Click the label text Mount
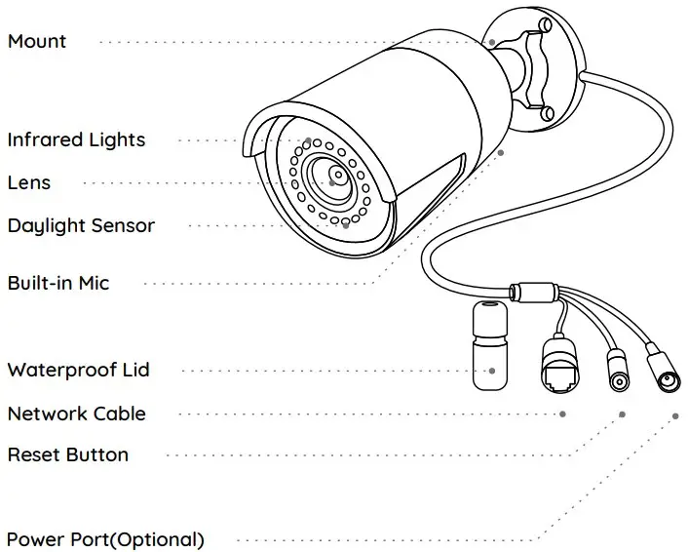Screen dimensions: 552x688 click(37, 42)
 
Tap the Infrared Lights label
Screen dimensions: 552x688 click(76, 139)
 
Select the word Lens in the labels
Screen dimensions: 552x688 click(29, 182)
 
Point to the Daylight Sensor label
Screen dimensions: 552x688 click(81, 226)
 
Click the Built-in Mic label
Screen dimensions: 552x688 click(58, 284)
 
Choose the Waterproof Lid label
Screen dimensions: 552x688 click(78, 371)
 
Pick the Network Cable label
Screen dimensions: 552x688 click(76, 414)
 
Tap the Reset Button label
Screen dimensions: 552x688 click(67, 455)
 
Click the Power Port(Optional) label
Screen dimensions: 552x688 click(105, 539)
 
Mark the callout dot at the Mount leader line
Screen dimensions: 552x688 click(493, 43)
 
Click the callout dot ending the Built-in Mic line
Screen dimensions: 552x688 click(502, 153)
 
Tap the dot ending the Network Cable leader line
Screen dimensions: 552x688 click(563, 414)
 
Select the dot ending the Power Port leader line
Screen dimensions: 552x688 click(674, 414)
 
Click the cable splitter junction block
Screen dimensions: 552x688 click(532, 291)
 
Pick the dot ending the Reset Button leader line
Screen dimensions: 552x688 click(620, 414)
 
